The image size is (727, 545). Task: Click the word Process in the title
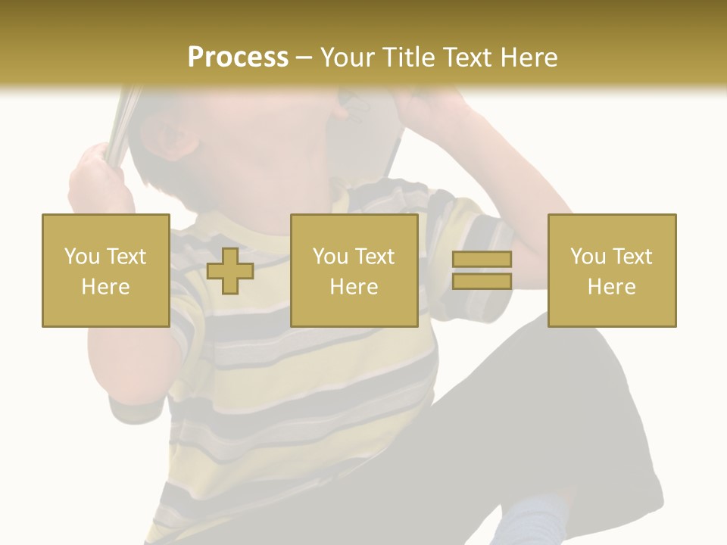(x=238, y=58)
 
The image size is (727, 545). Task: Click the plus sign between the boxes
(x=230, y=270)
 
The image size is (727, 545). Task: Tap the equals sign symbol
(x=482, y=270)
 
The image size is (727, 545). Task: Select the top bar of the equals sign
(x=482, y=260)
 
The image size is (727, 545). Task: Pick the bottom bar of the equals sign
(x=482, y=281)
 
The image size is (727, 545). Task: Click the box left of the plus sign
(x=105, y=270)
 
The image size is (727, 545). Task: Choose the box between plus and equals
(x=354, y=270)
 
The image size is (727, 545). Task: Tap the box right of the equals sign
(x=612, y=270)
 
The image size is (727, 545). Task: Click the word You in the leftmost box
(x=81, y=257)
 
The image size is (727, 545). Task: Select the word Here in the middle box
(x=354, y=287)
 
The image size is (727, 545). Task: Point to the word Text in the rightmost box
(x=632, y=257)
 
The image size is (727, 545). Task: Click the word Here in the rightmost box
(x=612, y=287)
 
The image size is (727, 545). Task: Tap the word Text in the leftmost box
(x=126, y=257)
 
